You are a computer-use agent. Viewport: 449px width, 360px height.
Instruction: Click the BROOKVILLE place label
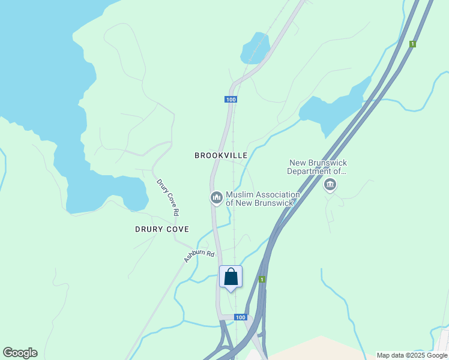click(x=221, y=155)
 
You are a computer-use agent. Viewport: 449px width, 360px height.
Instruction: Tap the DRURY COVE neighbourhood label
click(x=161, y=229)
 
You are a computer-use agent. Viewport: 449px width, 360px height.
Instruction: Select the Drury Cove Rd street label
click(x=167, y=197)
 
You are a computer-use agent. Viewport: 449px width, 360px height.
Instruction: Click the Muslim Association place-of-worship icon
click(x=216, y=197)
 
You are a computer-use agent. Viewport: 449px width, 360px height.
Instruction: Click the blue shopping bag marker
click(x=231, y=277)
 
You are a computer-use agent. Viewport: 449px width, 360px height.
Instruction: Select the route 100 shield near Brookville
click(x=231, y=99)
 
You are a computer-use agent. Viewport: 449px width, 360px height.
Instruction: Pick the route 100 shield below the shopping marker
click(x=240, y=317)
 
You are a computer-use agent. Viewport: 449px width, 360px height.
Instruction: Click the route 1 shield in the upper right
click(x=412, y=44)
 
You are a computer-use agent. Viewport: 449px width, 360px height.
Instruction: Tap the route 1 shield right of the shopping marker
click(x=262, y=280)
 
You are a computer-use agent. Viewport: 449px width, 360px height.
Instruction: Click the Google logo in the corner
click(x=20, y=353)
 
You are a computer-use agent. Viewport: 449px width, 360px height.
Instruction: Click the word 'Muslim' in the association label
click(x=240, y=195)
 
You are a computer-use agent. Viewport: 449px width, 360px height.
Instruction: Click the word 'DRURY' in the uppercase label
click(x=148, y=229)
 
